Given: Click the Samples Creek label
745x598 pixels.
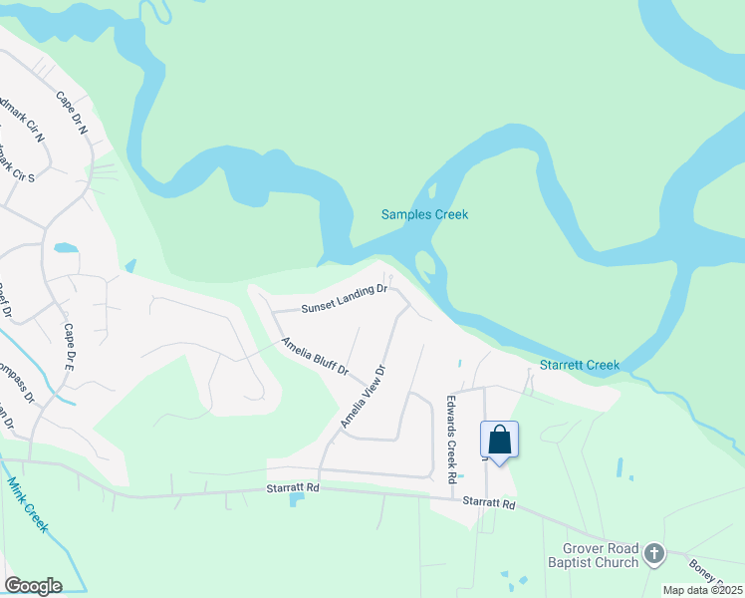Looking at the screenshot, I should [424, 214].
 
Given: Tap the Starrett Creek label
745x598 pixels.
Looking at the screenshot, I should [579, 365].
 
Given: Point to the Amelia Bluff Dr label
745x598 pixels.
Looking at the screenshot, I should [314, 357].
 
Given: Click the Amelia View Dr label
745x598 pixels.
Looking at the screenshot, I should [362, 397].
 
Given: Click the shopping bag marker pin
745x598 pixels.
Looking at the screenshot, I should [499, 441].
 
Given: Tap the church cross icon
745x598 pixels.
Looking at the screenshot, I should [653, 553].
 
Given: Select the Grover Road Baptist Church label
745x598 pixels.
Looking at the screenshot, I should [601, 555].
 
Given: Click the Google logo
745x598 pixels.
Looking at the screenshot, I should [33, 585].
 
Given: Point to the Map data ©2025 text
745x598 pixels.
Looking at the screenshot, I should [703, 590].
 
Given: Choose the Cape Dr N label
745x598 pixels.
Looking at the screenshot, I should [73, 114].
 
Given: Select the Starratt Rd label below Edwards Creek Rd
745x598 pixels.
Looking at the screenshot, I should [490, 504].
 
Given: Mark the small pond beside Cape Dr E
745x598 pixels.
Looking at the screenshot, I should [66, 247].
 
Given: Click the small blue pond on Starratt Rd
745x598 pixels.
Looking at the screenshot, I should [296, 498].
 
